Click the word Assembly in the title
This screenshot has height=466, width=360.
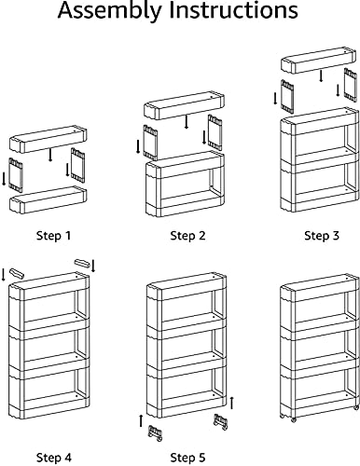[110, 11]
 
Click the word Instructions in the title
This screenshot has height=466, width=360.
[234, 9]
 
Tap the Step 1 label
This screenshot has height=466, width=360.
[54, 236]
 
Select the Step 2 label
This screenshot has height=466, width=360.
[187, 236]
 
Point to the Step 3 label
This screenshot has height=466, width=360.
[322, 236]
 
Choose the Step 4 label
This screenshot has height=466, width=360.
[54, 458]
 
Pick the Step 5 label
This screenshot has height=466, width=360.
[187, 458]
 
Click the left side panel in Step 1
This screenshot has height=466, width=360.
[16, 174]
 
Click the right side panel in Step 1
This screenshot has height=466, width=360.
[77, 165]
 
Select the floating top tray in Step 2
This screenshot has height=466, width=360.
[184, 105]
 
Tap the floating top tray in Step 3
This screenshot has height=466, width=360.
[318, 61]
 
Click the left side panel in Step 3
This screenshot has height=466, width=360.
[287, 96]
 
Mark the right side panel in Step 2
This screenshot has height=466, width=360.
[215, 132]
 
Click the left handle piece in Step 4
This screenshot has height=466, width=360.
[17, 273]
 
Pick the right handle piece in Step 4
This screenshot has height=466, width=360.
[82, 264]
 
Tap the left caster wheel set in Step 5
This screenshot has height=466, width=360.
[156, 433]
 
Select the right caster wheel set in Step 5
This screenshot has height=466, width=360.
[220, 422]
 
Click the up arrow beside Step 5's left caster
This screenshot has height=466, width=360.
[141, 420]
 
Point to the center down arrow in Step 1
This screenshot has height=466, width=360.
[50, 155]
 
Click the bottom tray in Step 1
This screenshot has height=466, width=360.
[48, 199]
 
